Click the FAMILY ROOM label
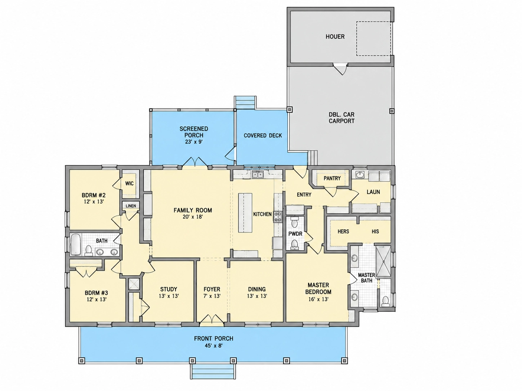tap(193, 210)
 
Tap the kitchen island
tap(245, 213)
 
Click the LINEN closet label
tap(131, 206)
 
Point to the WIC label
tap(129, 184)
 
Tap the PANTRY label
tap(332, 178)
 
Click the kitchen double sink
tap(258, 175)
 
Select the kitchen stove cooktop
tap(277, 217)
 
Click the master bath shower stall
tap(383, 261)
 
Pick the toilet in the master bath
tap(385, 301)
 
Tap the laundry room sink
tap(360, 175)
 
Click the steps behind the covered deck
tap(245, 103)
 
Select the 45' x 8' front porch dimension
tap(214, 345)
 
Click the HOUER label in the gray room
tap(335, 37)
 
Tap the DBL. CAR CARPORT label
tap(342, 118)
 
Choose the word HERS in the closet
tap(343, 232)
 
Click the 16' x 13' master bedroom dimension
tap(318, 299)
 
